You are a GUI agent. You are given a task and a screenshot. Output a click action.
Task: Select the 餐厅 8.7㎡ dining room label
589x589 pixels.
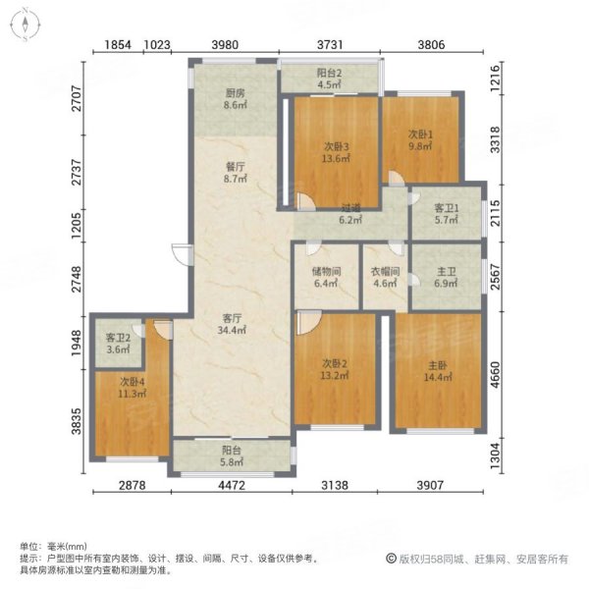click(x=233, y=174)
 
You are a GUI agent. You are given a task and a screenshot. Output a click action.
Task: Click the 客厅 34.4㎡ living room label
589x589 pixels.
click(x=232, y=324)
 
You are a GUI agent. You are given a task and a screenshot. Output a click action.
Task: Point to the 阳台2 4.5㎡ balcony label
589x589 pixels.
click(x=328, y=78)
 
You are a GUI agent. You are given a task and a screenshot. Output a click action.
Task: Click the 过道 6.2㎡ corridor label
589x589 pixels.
click(x=351, y=215)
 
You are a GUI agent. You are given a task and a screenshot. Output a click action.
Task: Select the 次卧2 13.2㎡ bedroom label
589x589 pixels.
click(x=336, y=370)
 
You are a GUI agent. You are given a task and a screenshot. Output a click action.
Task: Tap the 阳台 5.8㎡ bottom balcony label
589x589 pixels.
click(x=233, y=455)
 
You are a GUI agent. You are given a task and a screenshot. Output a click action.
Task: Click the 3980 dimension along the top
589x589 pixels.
click(x=228, y=44)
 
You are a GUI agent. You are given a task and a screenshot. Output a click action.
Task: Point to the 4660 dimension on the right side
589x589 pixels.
click(x=500, y=373)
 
